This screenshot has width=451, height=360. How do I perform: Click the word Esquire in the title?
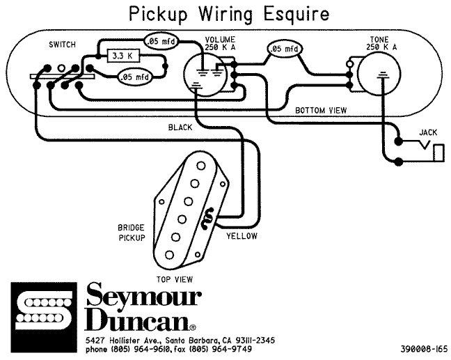click(296, 14)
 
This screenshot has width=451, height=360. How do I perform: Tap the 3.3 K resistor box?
click(122, 56)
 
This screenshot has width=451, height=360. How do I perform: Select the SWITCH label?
click(62, 45)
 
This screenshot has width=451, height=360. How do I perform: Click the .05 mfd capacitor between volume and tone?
click(285, 49)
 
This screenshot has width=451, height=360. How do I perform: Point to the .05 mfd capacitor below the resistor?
click(135, 77)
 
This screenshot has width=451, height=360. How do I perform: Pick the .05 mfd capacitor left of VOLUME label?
click(161, 41)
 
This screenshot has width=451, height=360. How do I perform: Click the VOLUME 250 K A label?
click(220, 43)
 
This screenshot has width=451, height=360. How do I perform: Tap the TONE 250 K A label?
click(381, 43)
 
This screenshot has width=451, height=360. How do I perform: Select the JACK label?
click(428, 132)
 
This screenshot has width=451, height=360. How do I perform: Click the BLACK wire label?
click(180, 127)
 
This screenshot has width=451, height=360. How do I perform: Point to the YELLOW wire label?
click(242, 236)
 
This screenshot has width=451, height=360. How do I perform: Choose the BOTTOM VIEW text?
click(321, 110)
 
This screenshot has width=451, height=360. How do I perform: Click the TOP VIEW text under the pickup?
click(175, 279)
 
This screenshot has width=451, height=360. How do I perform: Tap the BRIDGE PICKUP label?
click(132, 233)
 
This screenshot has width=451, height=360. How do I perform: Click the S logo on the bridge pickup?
click(208, 219)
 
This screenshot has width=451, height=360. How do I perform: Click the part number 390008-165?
click(425, 349)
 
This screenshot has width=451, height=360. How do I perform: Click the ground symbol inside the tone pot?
click(383, 75)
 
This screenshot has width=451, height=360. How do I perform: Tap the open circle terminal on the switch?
click(61, 68)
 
